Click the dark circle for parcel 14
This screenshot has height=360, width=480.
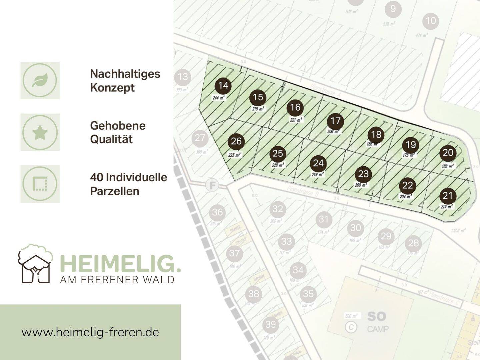tap(223, 86)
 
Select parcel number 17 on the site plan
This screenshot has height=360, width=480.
tap(335, 121)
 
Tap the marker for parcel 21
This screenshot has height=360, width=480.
tap(447, 196)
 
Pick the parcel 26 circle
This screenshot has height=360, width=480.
tap(236, 141)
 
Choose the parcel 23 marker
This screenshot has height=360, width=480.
tap(363, 174)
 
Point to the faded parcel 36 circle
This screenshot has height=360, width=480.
tap(217, 212)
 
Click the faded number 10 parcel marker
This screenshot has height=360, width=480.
tap(431, 21)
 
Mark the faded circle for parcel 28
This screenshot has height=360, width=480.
tap(413, 243)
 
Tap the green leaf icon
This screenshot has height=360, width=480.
tap(40, 80)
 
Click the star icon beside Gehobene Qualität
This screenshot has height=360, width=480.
tap(40, 132)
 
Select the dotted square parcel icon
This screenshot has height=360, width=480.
tap(40, 184)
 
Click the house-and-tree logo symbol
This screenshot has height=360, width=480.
tap(35, 264)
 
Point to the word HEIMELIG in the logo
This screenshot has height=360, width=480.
tap(120, 264)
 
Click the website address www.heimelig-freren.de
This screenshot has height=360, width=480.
tap(90, 332)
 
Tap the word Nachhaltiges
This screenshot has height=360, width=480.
tap(125, 74)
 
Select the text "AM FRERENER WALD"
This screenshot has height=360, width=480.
tap(117, 280)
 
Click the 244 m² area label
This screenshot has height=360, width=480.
tap(219, 98)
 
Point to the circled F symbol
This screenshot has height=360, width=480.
tap(212, 185)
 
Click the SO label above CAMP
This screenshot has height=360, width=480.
tap(376, 316)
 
